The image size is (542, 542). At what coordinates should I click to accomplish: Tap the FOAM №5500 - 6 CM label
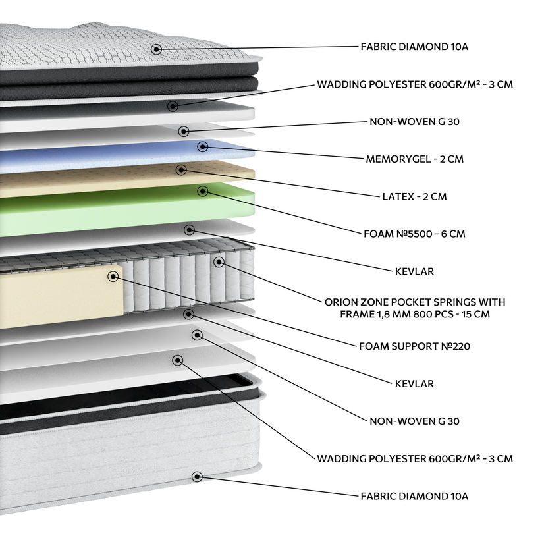coord(414,234)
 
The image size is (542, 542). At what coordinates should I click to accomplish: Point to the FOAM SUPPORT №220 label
coord(415,346)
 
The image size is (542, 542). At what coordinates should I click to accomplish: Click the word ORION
coord(341,302)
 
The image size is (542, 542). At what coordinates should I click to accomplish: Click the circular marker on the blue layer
coord(203,146)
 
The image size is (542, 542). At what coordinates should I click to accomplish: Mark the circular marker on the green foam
coord(203,191)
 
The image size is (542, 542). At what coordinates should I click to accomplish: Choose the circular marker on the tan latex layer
coord(181,170)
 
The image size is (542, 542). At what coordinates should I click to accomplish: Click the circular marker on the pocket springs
coord(219,262)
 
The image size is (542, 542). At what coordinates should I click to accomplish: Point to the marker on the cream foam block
coord(113,276)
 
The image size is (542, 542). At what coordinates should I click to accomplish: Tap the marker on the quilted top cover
coord(156,49)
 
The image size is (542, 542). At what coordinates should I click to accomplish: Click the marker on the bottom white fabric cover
coord(196,477)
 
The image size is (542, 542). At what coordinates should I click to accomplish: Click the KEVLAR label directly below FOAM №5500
coord(414,271)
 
